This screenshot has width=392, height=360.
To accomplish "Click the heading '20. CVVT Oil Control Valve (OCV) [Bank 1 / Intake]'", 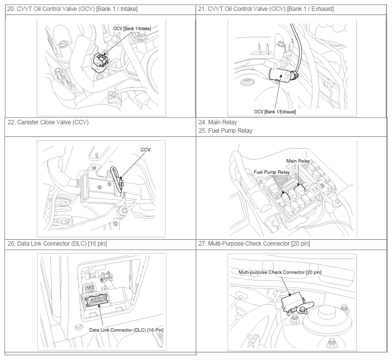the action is [72, 9].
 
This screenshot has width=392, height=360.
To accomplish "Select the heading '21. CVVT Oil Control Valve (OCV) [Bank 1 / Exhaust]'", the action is [266, 9].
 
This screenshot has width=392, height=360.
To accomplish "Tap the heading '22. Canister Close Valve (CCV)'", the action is [48, 122].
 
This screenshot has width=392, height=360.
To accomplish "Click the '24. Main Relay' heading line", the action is [218, 122].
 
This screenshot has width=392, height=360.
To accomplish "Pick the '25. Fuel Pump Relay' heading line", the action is [225, 131].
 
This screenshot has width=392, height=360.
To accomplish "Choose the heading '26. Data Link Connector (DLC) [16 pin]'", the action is [57, 244].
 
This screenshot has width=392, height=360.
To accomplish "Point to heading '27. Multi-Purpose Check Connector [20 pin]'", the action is [254, 244].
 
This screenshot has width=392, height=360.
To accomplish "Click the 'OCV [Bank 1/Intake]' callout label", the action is [132, 28].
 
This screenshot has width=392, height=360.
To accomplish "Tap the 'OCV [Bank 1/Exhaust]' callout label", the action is [275, 111].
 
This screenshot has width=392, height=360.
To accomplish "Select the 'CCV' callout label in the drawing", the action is [146, 150].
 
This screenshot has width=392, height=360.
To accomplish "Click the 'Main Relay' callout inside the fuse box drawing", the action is [298, 161].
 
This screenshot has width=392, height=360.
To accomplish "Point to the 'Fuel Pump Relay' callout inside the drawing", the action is [271, 172].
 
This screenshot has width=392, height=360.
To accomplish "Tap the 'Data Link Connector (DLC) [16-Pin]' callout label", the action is [126, 330].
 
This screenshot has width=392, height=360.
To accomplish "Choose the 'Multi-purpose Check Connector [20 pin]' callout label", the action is [280, 272].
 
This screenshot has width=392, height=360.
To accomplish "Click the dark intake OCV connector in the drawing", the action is [99, 60].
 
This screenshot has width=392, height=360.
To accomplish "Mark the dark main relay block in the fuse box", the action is [299, 189].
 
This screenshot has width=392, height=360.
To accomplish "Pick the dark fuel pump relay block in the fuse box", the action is [285, 196].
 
